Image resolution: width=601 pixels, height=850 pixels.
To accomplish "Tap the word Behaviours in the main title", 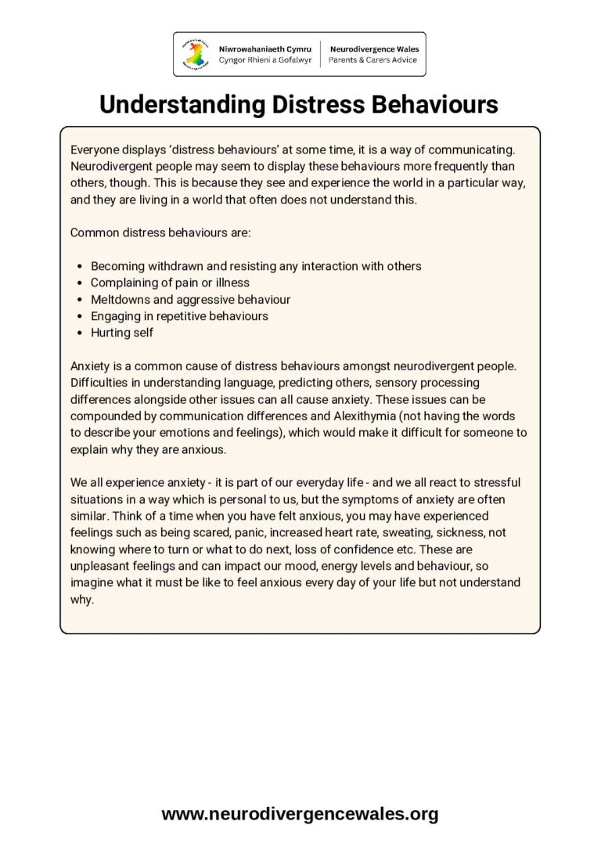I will (439, 104).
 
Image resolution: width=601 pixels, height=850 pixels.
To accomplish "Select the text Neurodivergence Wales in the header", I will (373, 49).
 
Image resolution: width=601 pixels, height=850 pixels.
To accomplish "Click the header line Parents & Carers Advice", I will (372, 59).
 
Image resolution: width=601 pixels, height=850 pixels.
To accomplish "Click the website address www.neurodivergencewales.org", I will (300, 814).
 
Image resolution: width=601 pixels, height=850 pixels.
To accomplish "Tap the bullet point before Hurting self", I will (81, 333).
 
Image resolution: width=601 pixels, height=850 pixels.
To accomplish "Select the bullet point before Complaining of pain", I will (81, 283).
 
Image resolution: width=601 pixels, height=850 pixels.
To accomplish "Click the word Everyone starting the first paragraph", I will (95, 149).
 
